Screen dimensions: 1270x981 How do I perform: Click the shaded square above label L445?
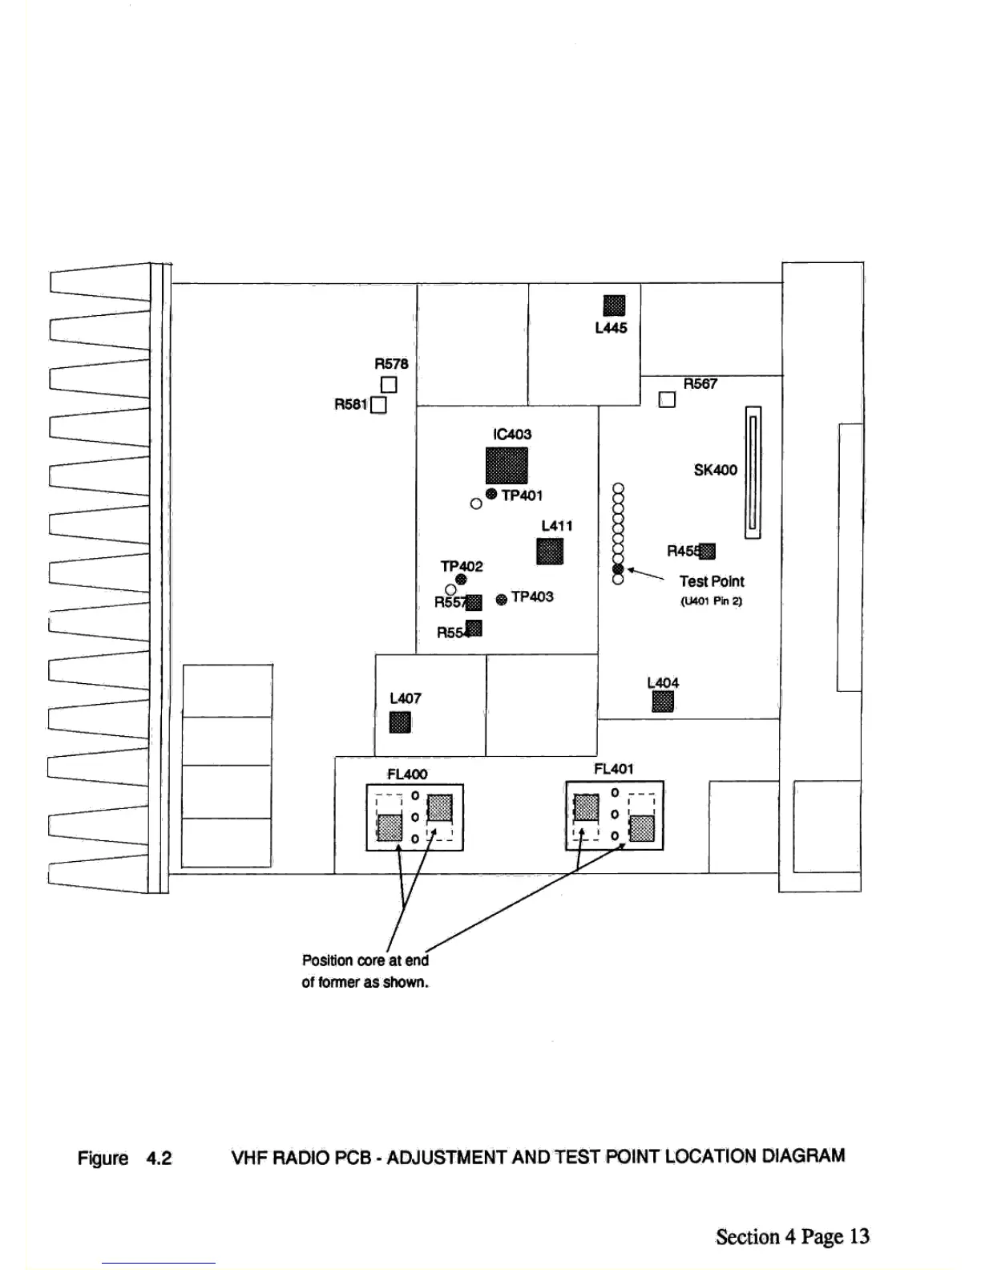614,305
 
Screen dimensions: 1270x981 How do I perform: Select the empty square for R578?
389,385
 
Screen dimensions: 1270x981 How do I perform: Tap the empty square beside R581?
379,405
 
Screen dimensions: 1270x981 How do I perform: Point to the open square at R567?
667,399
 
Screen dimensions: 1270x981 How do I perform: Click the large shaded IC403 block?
507,466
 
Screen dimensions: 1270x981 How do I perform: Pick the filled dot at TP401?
491,494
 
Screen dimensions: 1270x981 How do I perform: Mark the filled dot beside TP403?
502,599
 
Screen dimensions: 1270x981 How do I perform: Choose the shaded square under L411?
550,552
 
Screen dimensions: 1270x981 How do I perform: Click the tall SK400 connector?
753,472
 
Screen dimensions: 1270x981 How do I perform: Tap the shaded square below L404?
663,702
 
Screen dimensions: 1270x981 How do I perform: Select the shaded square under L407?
400,722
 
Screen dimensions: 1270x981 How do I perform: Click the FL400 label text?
407,774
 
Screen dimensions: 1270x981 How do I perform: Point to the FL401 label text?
614,769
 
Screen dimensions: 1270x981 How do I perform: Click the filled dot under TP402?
461,580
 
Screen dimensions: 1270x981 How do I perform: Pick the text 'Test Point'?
712,581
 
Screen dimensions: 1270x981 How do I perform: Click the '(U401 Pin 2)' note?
712,601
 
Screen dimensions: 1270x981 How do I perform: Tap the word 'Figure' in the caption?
103,1158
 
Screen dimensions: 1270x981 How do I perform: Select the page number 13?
859,1236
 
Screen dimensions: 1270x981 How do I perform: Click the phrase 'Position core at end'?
365,960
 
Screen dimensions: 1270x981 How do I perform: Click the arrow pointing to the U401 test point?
645,573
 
